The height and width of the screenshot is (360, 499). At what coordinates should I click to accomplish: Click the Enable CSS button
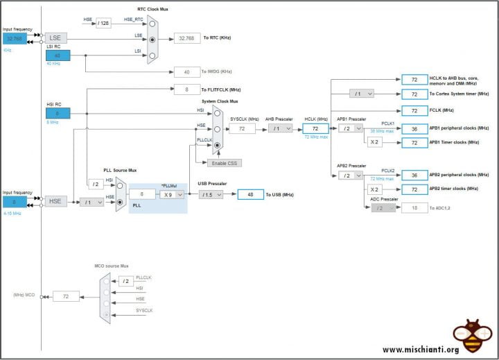pyautogui.click(x=224, y=162)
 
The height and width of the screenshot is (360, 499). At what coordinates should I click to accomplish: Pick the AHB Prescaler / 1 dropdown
pyautogui.click(x=280, y=128)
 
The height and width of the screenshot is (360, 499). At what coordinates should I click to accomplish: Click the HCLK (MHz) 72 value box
pyautogui.click(x=315, y=128)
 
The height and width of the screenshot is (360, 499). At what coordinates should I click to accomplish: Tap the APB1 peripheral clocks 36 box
pyautogui.click(x=414, y=128)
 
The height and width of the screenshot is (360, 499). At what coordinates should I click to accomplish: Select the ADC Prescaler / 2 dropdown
pyautogui.click(x=383, y=208)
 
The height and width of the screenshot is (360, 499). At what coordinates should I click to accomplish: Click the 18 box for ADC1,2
pyautogui.click(x=414, y=208)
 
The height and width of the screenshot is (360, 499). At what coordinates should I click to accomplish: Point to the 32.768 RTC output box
pyautogui.click(x=187, y=37)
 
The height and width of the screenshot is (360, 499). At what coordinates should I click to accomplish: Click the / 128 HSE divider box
pyautogui.click(x=104, y=24)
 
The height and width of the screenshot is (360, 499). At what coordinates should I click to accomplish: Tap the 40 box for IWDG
pyautogui.click(x=187, y=71)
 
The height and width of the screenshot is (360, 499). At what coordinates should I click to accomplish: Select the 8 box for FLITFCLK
pyautogui.click(x=187, y=89)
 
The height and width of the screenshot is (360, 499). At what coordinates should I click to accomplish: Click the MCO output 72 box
pyautogui.click(x=66, y=296)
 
